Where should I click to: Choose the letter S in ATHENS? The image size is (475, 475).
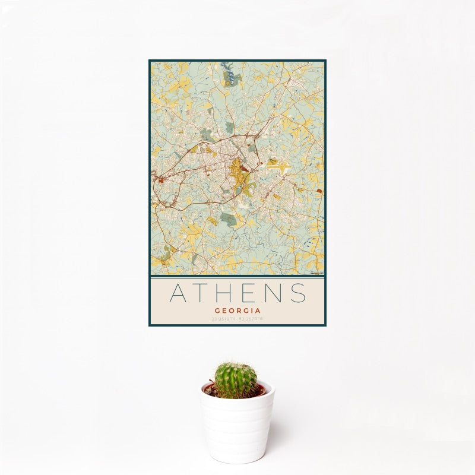[x=299, y=293]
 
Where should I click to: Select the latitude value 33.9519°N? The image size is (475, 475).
[x=223, y=319]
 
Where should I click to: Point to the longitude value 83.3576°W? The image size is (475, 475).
[x=251, y=319]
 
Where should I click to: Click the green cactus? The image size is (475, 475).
[x=236, y=380]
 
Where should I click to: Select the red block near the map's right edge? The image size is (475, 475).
[x=319, y=191]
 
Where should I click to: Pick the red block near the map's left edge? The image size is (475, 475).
[x=161, y=180]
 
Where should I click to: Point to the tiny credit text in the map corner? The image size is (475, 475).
[x=316, y=273]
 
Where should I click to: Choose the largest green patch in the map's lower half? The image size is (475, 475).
[x=228, y=218]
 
